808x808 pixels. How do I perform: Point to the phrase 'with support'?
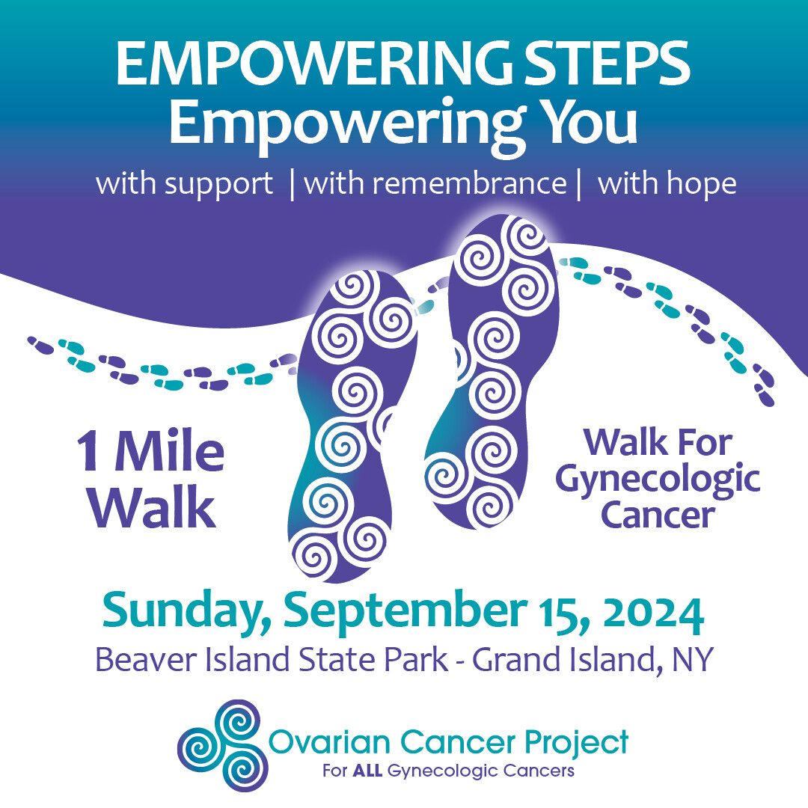185,184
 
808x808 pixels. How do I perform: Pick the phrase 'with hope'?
667,184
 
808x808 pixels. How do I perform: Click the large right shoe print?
490,374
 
